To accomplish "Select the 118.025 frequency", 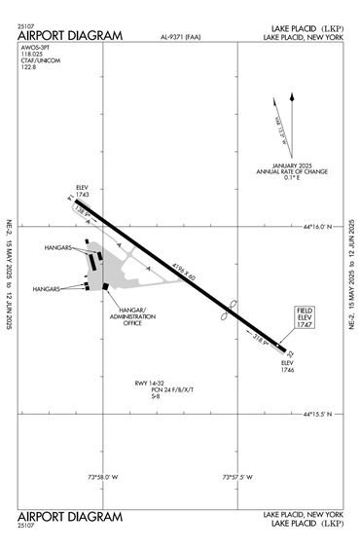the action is (30, 56).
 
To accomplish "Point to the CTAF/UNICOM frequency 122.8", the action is (26, 70).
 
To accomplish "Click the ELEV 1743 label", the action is (81, 193).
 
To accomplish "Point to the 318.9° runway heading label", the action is (259, 341).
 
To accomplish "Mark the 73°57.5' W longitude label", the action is (237, 476).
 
